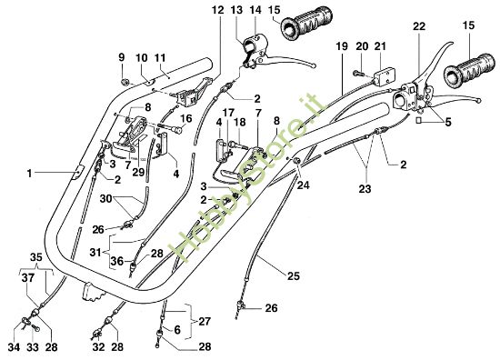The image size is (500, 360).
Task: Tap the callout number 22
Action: click(420, 28)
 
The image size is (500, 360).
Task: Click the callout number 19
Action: click(343, 45)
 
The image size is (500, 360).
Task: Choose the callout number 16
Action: click(185, 119)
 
